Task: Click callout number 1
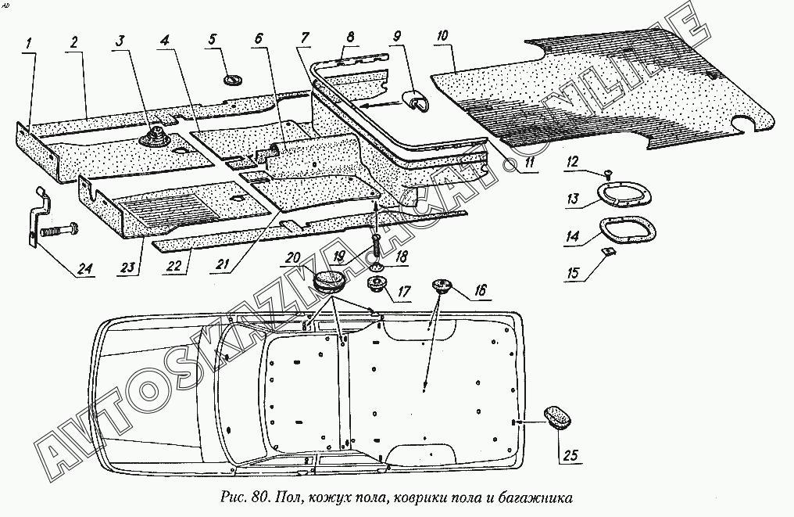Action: click(28, 45)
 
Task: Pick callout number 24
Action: click(84, 270)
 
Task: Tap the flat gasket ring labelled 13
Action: click(618, 193)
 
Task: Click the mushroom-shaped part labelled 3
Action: click(151, 138)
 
